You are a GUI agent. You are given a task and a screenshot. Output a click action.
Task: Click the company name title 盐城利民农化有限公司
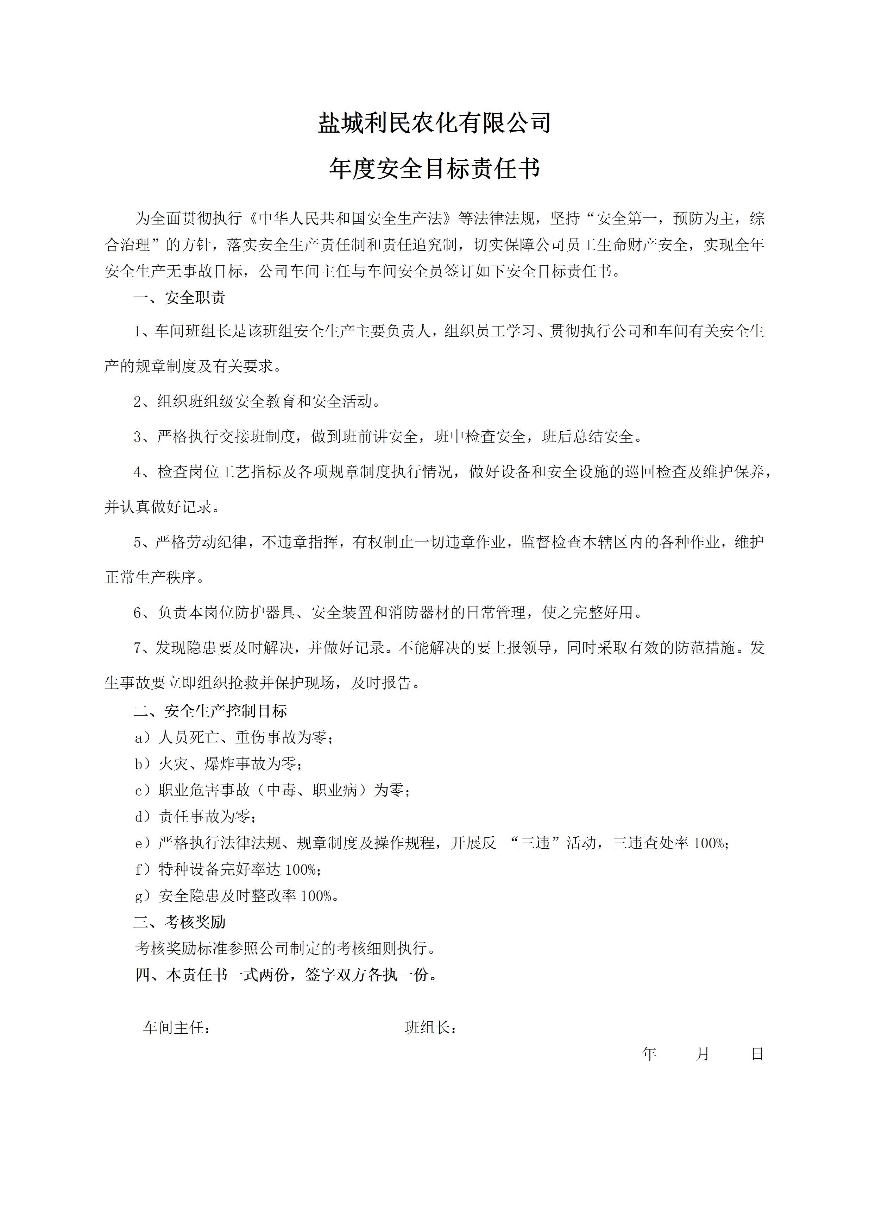tap(434, 123)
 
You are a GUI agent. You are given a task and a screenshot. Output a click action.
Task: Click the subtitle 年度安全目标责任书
tap(434, 169)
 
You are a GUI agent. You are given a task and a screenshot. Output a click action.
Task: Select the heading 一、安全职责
tap(180, 298)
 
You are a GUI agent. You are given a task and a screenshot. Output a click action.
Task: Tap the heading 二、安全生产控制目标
tap(210, 711)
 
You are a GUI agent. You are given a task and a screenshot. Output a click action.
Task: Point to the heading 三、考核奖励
tap(180, 922)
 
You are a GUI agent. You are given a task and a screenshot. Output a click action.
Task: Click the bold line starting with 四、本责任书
tap(286, 975)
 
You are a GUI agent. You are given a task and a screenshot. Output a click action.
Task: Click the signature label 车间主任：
tap(176, 1027)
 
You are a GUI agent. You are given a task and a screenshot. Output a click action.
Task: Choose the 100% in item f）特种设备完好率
tap(301, 869)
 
